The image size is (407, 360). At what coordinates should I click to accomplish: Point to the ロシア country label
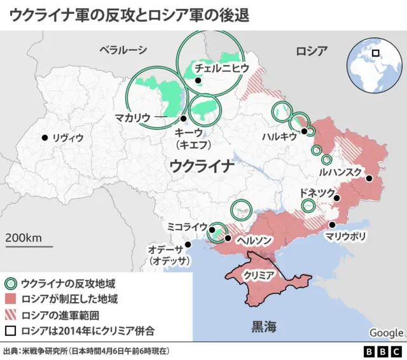point(312,51)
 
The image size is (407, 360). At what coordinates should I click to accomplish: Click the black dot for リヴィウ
point(45,137)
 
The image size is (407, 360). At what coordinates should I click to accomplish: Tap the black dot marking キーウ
point(183,118)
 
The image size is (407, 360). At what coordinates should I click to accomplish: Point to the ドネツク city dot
point(336,198)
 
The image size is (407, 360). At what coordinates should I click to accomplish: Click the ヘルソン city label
point(254,240)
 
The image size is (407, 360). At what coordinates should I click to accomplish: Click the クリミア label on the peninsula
point(258,275)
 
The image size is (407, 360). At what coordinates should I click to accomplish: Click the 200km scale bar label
point(24,237)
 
